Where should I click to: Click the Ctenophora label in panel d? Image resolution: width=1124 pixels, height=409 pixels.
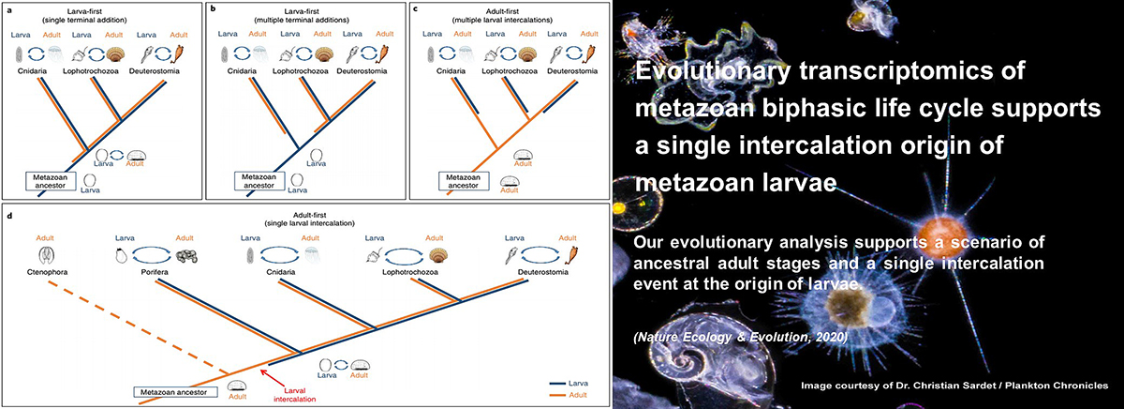[47, 272]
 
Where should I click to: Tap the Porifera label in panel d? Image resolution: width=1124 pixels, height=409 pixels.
[155, 272]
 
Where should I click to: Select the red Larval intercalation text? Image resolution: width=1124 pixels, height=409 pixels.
[294, 394]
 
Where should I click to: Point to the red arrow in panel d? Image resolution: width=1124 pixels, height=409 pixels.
[271, 378]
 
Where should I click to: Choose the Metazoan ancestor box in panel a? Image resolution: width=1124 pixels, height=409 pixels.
[51, 181]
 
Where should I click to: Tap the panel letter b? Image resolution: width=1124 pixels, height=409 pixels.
[213, 8]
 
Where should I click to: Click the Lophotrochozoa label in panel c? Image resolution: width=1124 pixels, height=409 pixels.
[510, 71]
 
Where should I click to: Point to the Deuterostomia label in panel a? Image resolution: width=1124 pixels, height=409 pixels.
[154, 71]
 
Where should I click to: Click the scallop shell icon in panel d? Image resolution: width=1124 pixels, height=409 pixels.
[438, 256]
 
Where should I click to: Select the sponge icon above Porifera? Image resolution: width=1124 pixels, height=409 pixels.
[186, 256]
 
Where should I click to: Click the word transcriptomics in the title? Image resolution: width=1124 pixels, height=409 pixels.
[895, 70]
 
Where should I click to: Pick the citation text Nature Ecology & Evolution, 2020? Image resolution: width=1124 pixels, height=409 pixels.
[741, 337]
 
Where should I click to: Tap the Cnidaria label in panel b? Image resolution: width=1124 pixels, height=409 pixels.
[242, 71]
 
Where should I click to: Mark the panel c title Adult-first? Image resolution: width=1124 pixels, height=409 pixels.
[502, 11]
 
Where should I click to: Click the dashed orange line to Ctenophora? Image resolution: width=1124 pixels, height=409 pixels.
[139, 327]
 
